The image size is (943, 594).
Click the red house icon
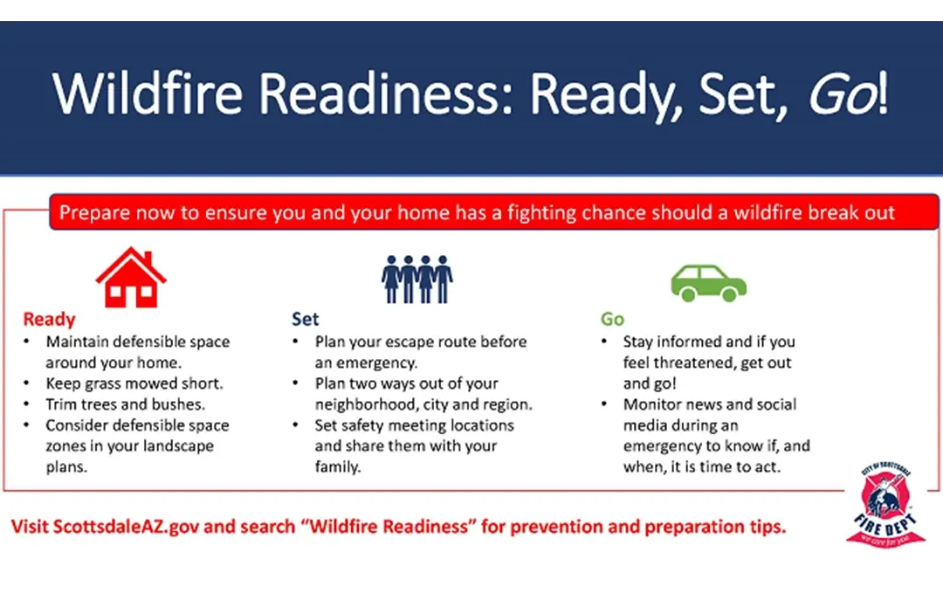(x=131, y=278)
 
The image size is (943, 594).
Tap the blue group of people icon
(x=416, y=280)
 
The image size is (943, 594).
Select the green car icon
(x=708, y=283)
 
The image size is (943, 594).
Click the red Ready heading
(x=49, y=319)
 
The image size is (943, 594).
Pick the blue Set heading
(x=306, y=319)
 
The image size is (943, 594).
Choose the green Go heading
(x=612, y=319)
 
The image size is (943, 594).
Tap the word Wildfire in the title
(x=148, y=93)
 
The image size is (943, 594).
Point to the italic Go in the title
(x=842, y=94)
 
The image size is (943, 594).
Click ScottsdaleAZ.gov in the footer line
(x=126, y=527)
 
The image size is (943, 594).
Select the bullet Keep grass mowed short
(x=134, y=383)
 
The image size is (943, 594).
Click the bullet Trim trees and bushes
(x=126, y=404)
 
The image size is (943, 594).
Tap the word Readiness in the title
(x=386, y=93)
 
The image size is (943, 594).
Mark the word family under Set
(x=337, y=467)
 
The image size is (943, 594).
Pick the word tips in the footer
(x=767, y=528)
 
